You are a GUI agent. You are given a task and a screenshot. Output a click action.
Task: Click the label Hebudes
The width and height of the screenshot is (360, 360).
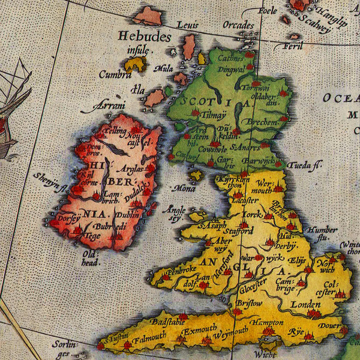click(144, 37)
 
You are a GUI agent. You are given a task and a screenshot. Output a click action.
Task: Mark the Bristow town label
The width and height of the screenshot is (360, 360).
click(248, 304)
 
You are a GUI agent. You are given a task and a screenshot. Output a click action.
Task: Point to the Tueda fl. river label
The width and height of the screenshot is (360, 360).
click(304, 165)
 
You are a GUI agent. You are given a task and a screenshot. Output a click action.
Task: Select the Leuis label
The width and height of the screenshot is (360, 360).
click(187, 25)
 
